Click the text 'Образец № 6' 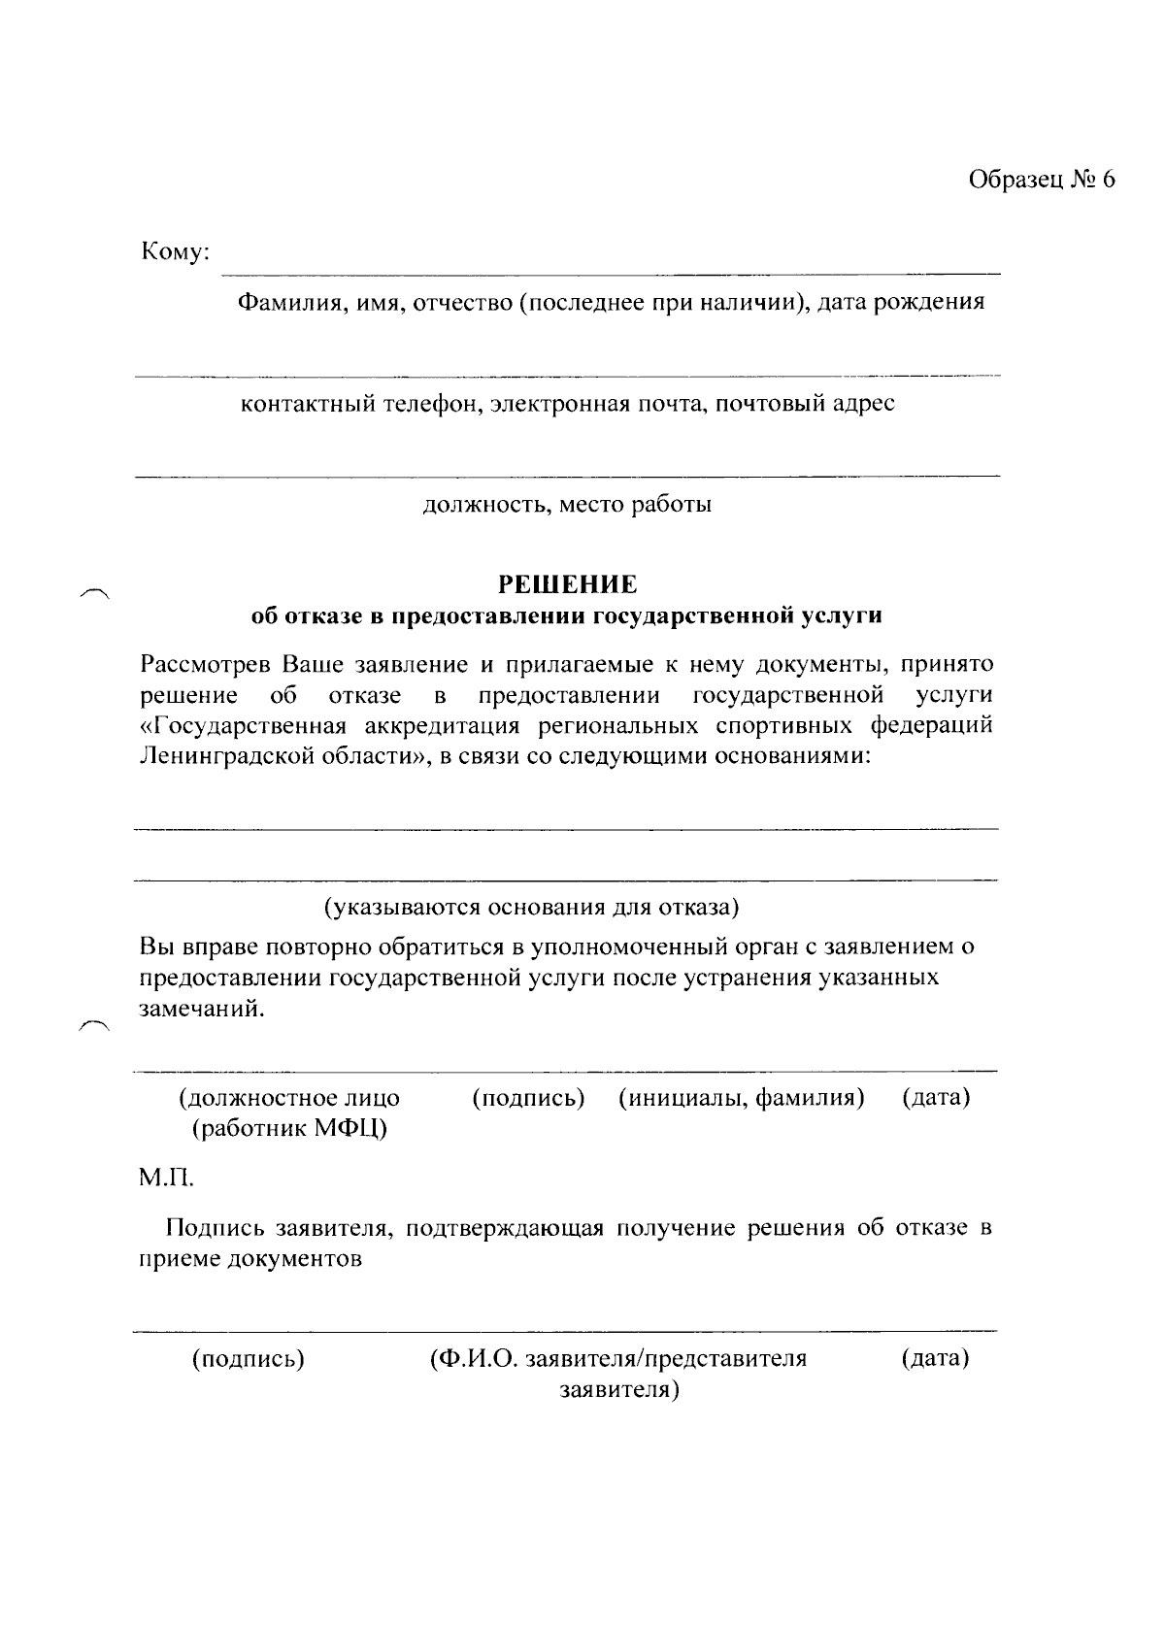pos(1041,181)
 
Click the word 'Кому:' pos(176,252)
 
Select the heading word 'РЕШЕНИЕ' pos(568,584)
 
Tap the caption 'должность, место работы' pos(567,505)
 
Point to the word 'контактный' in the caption pos(301,403)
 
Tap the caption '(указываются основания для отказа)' pos(531,908)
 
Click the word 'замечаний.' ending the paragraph pos(202,1008)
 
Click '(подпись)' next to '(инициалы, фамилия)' pos(528,1098)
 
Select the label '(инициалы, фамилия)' pos(742,1098)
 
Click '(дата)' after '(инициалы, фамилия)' pos(936,1098)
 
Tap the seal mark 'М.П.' pos(167,1179)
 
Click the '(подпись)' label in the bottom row pos(249,1358)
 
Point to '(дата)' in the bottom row pos(935,1358)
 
